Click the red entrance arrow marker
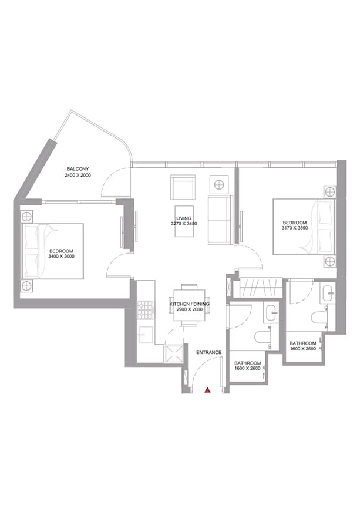(207, 390)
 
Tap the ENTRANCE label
(208, 352)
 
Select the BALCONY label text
(78, 169)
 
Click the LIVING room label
(184, 218)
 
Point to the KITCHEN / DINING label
(189, 304)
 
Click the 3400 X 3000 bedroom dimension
(61, 257)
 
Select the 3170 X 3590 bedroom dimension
(295, 228)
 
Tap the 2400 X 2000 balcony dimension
(78, 176)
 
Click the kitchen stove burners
(146, 309)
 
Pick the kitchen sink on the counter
(146, 335)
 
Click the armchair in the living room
(183, 188)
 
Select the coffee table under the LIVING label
(184, 221)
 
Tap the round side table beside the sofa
(219, 185)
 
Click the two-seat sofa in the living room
(220, 220)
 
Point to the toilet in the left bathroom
(263, 337)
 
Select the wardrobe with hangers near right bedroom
(261, 287)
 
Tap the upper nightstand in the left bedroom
(26, 216)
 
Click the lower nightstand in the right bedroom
(330, 261)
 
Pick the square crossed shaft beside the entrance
(174, 353)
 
